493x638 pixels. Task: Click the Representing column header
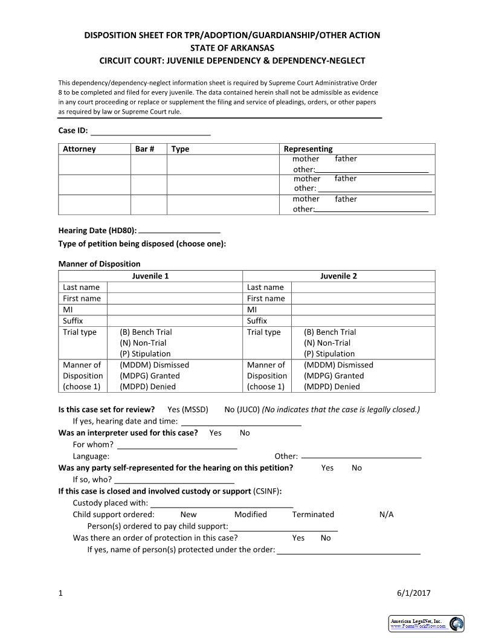[308, 149]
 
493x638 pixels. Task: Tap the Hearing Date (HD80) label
[97, 231]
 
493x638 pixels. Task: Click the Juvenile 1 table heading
[150, 276]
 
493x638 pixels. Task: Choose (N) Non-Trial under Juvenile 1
[143, 343]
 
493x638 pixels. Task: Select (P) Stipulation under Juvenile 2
[329, 354]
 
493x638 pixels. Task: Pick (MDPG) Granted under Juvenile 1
[149, 376]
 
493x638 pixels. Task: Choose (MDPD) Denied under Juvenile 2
[332, 387]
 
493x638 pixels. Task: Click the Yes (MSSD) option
[187, 410]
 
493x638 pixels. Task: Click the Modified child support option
[250, 515]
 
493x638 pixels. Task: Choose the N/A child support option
[386, 515]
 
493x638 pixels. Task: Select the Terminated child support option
[313, 515]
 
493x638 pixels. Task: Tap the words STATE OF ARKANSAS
[232, 48]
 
